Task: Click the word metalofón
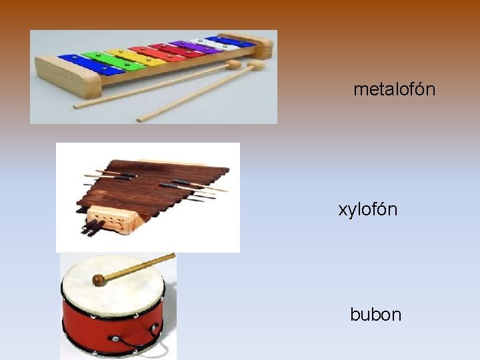(x=394, y=89)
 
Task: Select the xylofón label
(x=367, y=209)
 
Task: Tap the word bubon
(x=375, y=314)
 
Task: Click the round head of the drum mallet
(x=99, y=280)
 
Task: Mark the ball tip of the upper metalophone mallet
(x=233, y=65)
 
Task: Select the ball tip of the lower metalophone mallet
(x=256, y=65)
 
